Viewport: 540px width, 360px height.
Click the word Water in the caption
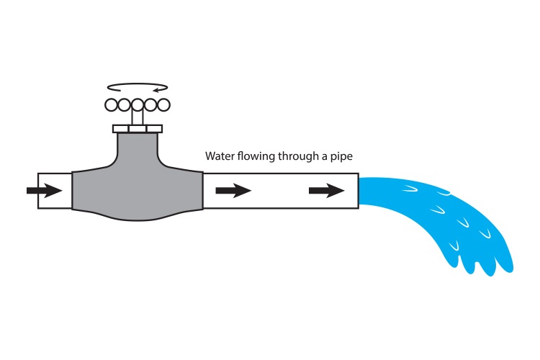(x=218, y=156)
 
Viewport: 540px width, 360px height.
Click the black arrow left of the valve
(x=44, y=191)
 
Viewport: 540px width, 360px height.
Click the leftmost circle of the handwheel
(x=112, y=105)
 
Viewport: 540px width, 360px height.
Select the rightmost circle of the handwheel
(x=163, y=105)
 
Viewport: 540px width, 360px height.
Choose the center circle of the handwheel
(x=138, y=105)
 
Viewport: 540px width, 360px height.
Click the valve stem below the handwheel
(x=138, y=120)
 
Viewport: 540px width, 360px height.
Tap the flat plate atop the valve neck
(x=138, y=129)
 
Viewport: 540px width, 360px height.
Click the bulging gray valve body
(x=137, y=194)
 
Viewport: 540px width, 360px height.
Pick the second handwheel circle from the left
(x=125, y=105)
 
